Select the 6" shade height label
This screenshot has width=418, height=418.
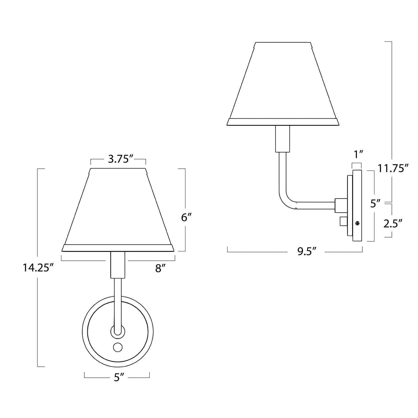187,217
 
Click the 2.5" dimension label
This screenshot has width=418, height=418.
392,223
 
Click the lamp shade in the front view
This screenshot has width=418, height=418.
118,209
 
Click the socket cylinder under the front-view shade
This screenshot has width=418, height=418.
118,265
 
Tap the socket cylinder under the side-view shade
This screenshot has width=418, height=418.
283,139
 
